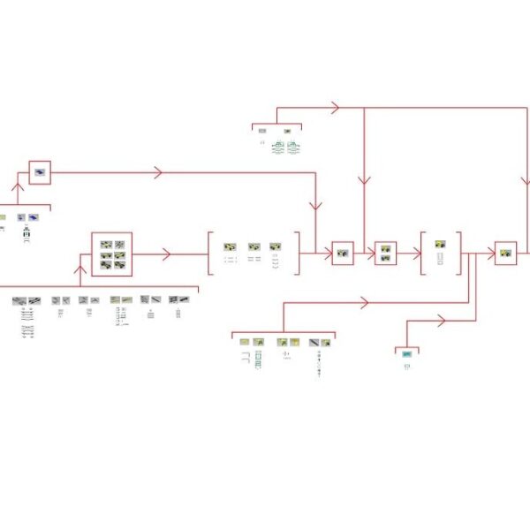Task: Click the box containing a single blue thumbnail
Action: pyautogui.click(x=40, y=172)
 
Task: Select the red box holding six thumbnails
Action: pyautogui.click(x=112, y=254)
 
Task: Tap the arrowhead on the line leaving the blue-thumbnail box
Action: pyautogui.click(x=158, y=172)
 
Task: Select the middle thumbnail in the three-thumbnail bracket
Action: pyautogui.click(x=254, y=247)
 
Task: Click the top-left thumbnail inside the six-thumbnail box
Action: pyautogui.click(x=106, y=245)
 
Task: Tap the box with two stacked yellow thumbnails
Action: pyautogui.click(x=386, y=254)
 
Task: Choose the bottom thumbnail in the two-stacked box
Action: pyautogui.click(x=386, y=259)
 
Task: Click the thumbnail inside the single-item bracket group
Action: pyautogui.click(x=440, y=244)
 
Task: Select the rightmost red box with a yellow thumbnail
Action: pyautogui.click(x=505, y=254)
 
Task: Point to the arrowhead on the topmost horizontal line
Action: pyautogui.click(x=335, y=108)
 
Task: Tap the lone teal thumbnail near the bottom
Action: pyautogui.click(x=406, y=354)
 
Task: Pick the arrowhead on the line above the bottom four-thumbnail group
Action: pyautogui.click(x=363, y=303)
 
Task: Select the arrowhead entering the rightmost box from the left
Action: pyautogui.click(x=491, y=254)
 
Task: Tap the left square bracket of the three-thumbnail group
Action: pyautogui.click(x=210, y=254)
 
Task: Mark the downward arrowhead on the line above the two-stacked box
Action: pyautogui.click(x=363, y=181)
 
